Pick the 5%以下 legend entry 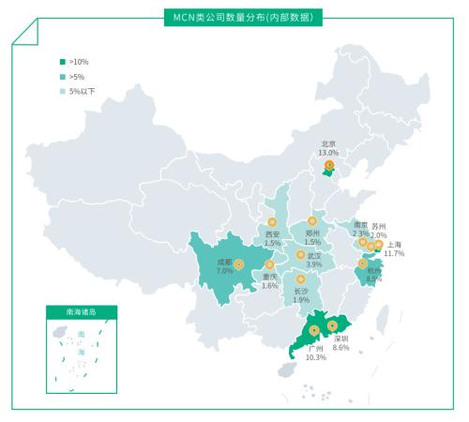coord(82,91)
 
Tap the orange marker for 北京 coord(328,166)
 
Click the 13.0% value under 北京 coord(328,152)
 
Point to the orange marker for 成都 coord(238,264)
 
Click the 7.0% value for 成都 coord(224,270)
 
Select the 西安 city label coord(272,234)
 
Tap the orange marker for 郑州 coord(312,221)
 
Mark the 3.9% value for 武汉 coord(314,264)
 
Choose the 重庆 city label coord(270,277)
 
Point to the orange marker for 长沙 coord(301,279)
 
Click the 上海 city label coord(395,244)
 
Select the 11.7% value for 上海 coord(394,253)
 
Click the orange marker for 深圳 coord(332,326)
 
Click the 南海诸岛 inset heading coord(81,310)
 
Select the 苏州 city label coord(379,226)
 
